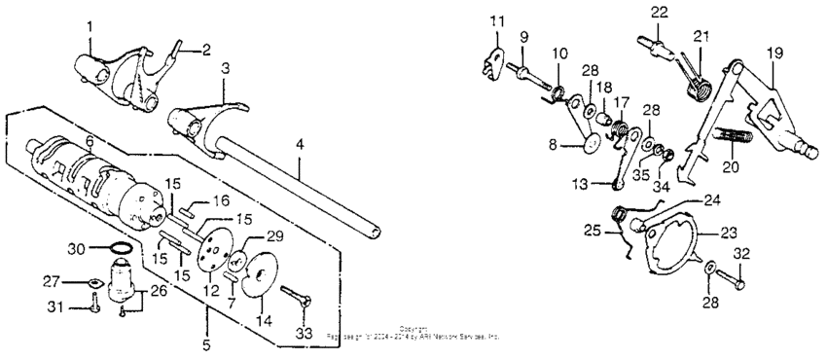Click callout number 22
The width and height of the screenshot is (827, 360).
(661, 11)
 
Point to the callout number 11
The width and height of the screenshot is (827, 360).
(498, 21)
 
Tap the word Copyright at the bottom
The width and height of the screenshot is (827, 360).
(413, 329)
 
